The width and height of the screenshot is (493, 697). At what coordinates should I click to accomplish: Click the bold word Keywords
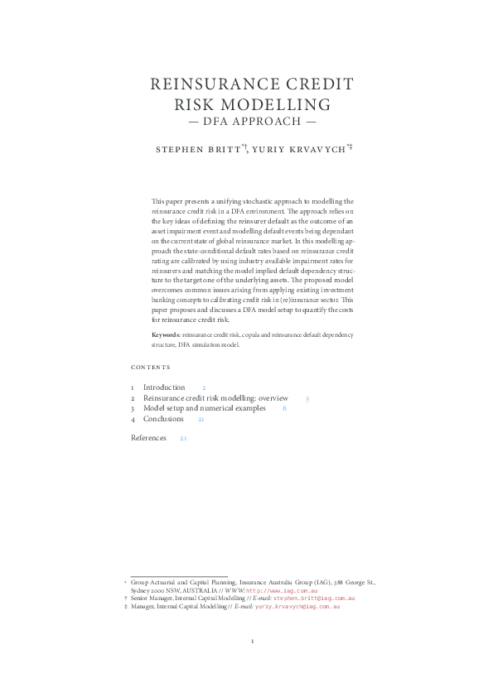[166, 334]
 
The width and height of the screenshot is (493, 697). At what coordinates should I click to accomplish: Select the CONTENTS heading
[151, 367]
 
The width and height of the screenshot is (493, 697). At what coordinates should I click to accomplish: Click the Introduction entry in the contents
[164, 387]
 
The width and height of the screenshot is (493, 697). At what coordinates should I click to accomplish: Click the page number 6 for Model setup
[284, 408]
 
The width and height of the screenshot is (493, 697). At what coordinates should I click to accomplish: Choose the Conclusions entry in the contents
[163, 419]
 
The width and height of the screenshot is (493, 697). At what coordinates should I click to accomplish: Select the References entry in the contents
[148, 437]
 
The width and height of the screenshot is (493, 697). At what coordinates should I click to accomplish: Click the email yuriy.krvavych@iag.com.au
[297, 606]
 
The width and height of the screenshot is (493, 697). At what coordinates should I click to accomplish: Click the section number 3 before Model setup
[132, 408]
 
